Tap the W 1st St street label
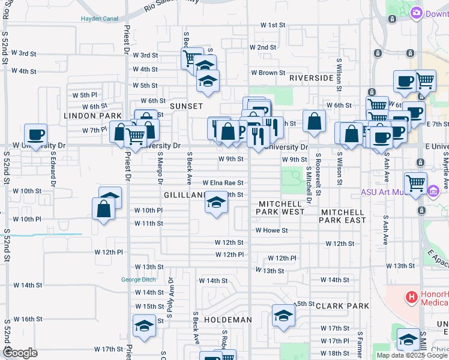(x=272, y=25)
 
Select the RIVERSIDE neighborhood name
(x=311, y=79)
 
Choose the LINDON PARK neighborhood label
(x=93, y=115)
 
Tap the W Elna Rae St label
(x=223, y=183)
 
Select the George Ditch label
(x=139, y=280)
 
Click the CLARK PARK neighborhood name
(x=342, y=306)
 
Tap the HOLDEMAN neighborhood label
(x=228, y=320)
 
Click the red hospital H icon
(x=412, y=296)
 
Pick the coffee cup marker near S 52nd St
(x=35, y=134)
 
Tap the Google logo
(x=20, y=353)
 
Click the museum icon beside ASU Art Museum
(x=433, y=191)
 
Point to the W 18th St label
(x=334, y=353)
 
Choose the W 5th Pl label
(x=85, y=95)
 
